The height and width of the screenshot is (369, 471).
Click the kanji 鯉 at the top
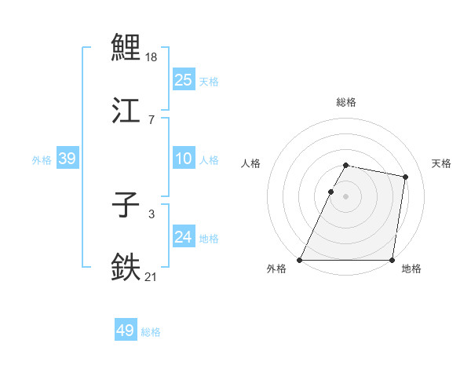tap(126, 47)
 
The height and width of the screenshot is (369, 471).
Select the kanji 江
tap(126, 111)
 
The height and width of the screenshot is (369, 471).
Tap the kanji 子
tap(126, 206)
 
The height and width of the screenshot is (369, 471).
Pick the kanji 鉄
tap(126, 268)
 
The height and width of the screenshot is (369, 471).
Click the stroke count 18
tap(152, 57)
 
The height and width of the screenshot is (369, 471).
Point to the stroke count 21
tap(152, 277)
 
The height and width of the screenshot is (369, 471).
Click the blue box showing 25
tap(184, 79)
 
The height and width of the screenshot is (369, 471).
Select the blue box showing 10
tap(184, 159)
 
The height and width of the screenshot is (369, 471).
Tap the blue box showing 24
tap(184, 237)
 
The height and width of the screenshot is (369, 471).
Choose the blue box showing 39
tap(67, 159)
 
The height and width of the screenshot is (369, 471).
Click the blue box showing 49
tap(126, 331)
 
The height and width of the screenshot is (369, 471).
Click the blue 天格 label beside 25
tap(209, 81)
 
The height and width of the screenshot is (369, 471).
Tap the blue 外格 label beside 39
tap(42, 160)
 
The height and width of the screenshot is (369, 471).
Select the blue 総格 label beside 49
tap(151, 332)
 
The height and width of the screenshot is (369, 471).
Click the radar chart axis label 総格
tap(346, 102)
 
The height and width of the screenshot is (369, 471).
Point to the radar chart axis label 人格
tap(251, 163)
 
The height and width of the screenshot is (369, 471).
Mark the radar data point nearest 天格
tap(406, 177)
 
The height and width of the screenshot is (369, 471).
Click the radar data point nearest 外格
tap(300, 260)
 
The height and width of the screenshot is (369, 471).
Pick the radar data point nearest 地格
tap(392, 260)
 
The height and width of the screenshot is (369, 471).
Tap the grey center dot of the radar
tap(346, 196)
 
